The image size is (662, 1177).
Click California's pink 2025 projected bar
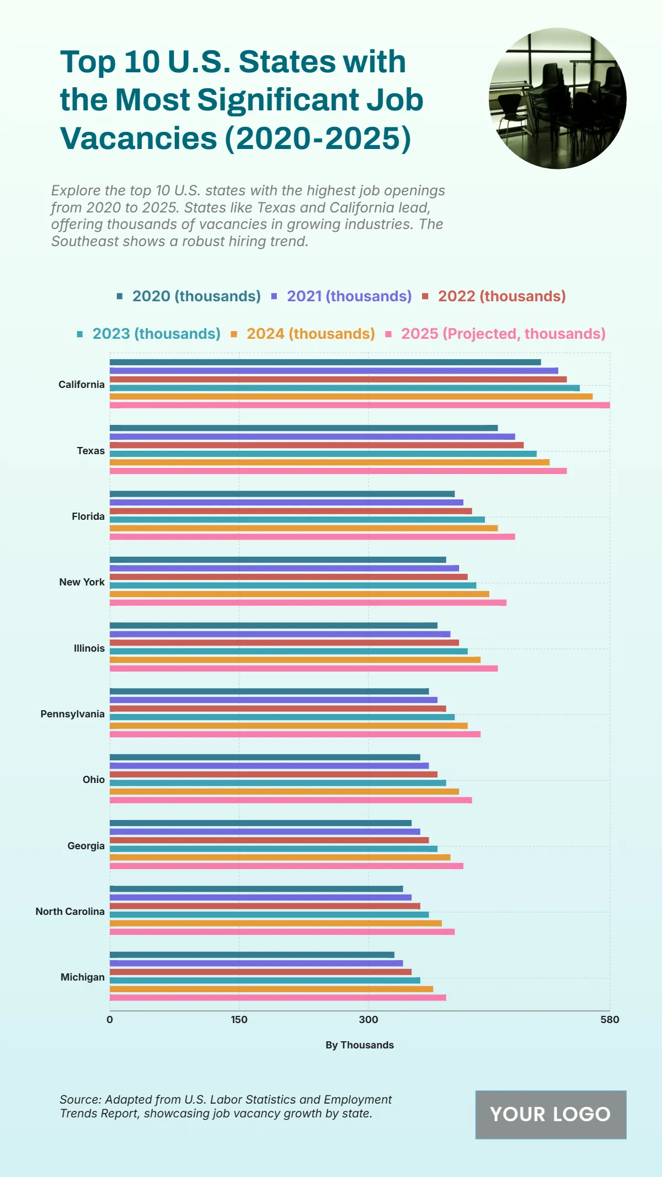[x=360, y=405]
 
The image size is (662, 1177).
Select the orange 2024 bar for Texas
[x=329, y=462]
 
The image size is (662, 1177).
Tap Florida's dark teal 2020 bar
[x=282, y=494]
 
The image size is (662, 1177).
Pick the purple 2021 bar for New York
[x=284, y=568]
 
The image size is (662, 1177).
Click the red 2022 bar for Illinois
[x=284, y=643]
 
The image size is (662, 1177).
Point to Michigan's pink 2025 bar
[x=277, y=998]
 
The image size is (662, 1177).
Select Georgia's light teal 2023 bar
[x=273, y=849]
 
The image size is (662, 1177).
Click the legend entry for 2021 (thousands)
[x=349, y=296]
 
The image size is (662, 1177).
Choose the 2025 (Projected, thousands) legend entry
[x=503, y=334]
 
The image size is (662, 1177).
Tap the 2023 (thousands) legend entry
[x=156, y=334]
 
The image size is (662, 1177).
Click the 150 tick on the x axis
[x=239, y=1020]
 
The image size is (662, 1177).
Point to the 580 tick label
[x=610, y=1020]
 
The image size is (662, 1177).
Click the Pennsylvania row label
[x=72, y=714]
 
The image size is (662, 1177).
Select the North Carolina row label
[x=70, y=912]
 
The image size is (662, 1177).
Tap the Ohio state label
[x=94, y=780]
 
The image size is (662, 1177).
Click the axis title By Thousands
[x=360, y=1045]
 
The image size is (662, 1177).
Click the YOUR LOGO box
[x=551, y=1115]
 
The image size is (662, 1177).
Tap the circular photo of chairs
[x=557, y=98]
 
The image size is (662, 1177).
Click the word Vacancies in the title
[x=138, y=138]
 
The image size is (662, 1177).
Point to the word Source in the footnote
[x=80, y=1100]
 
